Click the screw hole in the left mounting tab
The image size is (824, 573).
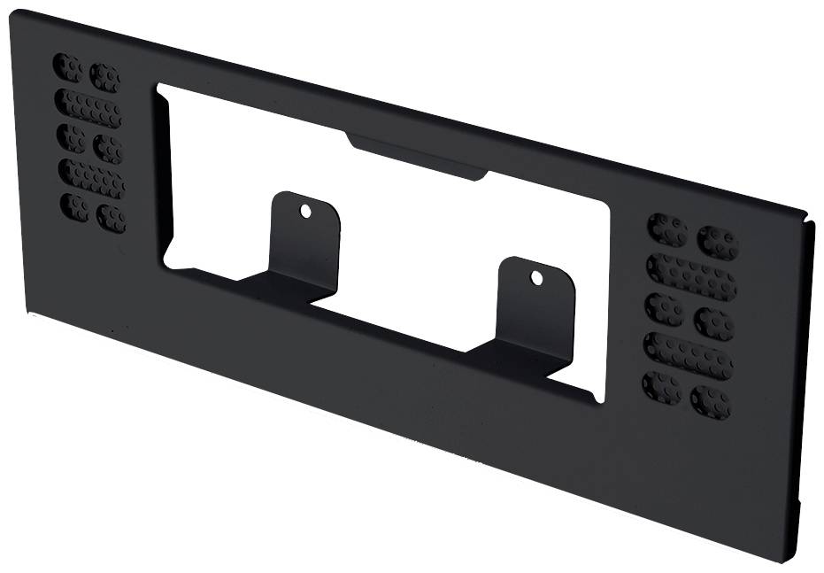pos(305,211)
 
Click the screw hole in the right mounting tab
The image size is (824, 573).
pos(536,278)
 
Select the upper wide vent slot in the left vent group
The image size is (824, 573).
pos(88,108)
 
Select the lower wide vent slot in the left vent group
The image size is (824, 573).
pos(92,178)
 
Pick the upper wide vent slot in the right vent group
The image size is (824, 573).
pos(691,276)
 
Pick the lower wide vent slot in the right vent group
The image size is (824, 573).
pos(688,355)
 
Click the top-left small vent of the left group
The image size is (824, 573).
pos(67,67)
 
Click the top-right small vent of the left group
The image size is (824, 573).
pos(104,78)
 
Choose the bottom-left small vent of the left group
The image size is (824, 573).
pos(74,207)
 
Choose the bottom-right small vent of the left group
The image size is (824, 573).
pos(111,218)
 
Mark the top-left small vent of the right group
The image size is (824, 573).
pos(666,229)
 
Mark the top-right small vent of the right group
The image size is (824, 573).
pos(717,242)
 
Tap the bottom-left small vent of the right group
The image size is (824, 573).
pos(661,387)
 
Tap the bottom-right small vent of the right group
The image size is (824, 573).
pos(711,401)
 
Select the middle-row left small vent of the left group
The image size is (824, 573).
pos(71,137)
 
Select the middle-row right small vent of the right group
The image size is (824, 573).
pos(713,322)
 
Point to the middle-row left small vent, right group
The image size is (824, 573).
pos(664,309)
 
